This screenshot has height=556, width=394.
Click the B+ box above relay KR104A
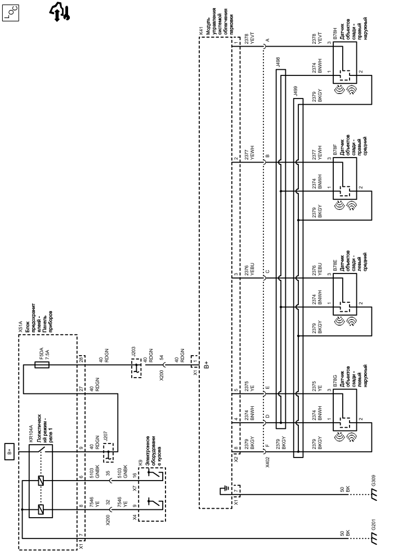pos(10,451)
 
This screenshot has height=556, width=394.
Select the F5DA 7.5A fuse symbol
pos(42,364)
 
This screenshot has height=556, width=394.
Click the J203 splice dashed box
pos(136,368)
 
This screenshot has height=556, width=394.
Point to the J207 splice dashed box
pos(109,452)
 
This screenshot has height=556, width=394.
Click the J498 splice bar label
pos(278,62)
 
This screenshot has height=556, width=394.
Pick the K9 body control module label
pos(141,462)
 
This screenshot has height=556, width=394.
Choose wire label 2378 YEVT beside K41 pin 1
pos(250,40)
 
